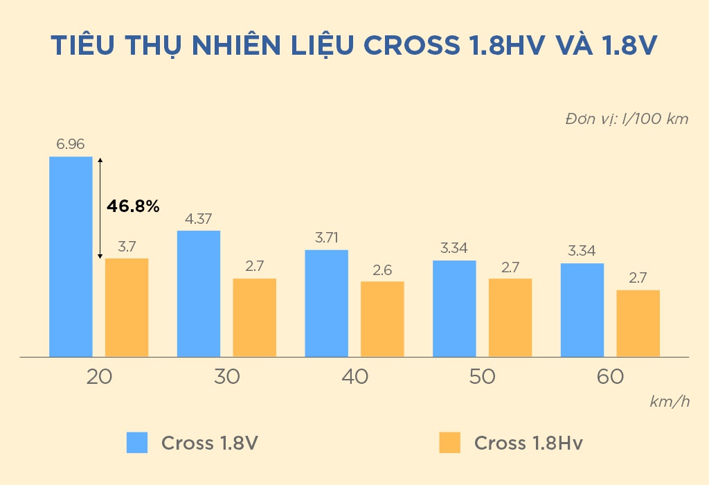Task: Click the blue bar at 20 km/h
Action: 71,256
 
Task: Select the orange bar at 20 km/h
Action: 127,308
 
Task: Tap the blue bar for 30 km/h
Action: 199,294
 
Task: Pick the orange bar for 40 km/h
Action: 382,319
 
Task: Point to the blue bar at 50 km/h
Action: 454,308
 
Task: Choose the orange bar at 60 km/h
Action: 638,323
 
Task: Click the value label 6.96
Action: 71,145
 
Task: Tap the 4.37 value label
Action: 199,219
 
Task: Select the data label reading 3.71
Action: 326,238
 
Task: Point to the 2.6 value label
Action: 382,270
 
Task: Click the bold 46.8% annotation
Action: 133,206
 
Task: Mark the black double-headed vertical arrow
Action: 100,208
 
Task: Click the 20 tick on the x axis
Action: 99,377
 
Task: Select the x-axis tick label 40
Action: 354,377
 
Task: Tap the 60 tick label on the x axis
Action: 609,377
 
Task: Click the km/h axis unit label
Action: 669,402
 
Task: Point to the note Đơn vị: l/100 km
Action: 627,118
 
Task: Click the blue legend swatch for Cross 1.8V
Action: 137,443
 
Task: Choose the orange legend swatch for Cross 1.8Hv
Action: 449,443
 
